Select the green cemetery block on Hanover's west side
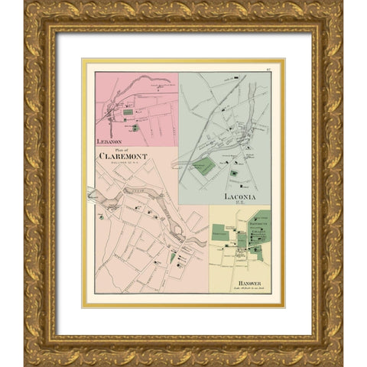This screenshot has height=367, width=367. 220,232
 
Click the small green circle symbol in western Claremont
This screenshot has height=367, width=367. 101,216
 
